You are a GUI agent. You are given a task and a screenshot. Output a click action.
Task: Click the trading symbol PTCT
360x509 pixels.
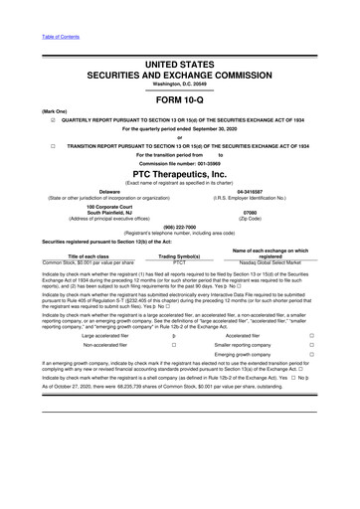point(180,264)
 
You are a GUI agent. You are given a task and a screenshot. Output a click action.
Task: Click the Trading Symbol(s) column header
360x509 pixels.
point(180,257)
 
